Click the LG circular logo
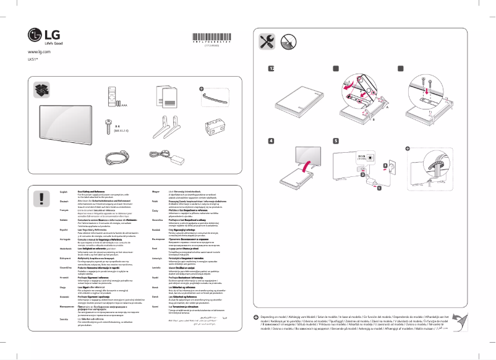point(35,35)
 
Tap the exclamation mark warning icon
point(41,198)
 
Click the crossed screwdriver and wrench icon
point(267,42)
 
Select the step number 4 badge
point(271,140)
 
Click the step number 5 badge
point(336,140)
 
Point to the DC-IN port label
point(362,156)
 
